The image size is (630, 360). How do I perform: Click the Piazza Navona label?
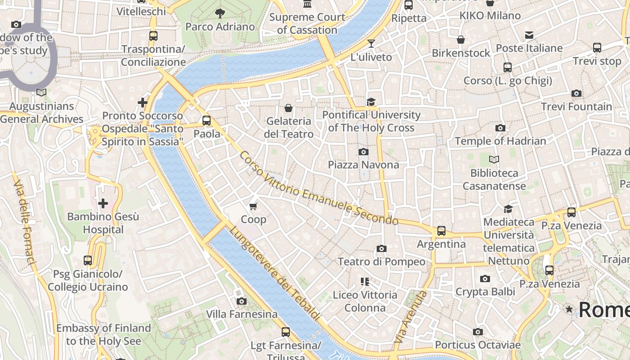pos(363,165)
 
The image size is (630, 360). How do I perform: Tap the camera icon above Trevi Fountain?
pos(576,94)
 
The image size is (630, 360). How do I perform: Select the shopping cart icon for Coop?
pos(253,206)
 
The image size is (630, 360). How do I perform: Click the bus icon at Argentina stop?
pos(441,231)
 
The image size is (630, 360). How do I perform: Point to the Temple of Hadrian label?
pos(500,141)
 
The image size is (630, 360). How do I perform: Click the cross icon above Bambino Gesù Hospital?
pos(103,203)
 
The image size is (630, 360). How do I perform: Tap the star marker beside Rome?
pos(569,309)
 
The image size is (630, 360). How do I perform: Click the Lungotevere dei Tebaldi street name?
pos(275,273)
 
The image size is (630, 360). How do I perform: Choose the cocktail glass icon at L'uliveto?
pos(371,44)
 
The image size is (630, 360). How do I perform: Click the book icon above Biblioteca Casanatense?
pos(494,159)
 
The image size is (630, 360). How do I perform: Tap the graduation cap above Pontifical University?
pos(371,102)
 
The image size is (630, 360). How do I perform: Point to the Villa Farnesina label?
pos(242,314)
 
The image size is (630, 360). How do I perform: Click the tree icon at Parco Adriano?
pos(220,13)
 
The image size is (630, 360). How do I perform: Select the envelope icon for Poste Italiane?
pos(529,35)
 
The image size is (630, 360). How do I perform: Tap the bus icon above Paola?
pos(207,121)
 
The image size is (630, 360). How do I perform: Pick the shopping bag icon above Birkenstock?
pos(461,40)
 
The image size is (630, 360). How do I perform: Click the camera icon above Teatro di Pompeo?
pos(381,248)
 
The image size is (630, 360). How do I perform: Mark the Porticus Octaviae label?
pos(477,345)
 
